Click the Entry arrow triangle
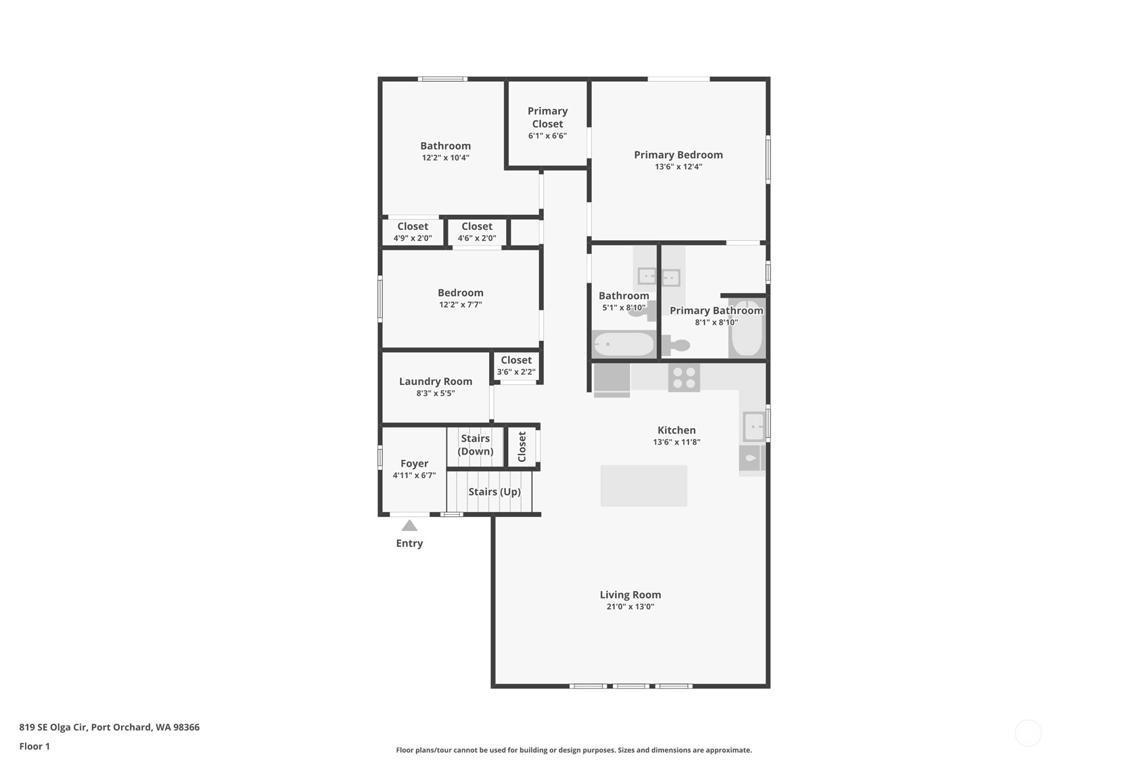[x=409, y=525]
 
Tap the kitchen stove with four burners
[x=684, y=377]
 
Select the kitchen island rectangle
[x=644, y=486]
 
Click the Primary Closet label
[x=547, y=117]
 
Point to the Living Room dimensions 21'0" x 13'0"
[x=630, y=607]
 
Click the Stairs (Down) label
[x=475, y=445]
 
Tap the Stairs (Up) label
[x=495, y=492]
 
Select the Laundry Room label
[x=436, y=381]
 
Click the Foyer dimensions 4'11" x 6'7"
[x=414, y=476]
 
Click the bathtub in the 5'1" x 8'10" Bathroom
[x=624, y=345]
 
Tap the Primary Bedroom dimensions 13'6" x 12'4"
[x=679, y=166]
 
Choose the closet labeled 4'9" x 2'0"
[x=413, y=231]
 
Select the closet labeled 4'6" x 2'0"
[x=477, y=231]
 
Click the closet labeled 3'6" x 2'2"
[x=516, y=366]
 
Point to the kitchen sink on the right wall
[x=754, y=426]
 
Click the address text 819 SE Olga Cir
[x=53, y=727]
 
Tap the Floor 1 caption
[x=35, y=746]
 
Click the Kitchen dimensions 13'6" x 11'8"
[x=676, y=442]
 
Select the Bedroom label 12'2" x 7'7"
[x=460, y=298]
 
